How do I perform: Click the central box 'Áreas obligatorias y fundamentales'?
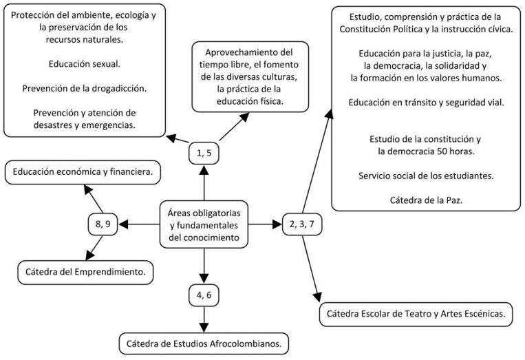[204, 224]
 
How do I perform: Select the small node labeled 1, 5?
[204, 153]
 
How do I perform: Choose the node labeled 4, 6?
[204, 295]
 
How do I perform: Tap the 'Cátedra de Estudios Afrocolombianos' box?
[204, 342]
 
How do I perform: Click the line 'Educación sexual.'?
[85, 64]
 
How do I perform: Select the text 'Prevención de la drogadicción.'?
[85, 89]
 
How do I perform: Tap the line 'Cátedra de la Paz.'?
[426, 200]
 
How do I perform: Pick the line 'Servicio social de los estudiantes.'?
[426, 176]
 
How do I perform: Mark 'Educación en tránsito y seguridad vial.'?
[426, 103]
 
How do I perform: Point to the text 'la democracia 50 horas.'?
[426, 151]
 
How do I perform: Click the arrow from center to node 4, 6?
[204, 264]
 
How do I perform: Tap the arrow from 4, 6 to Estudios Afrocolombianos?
[204, 318]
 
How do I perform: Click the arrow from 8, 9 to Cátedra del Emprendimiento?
[96, 246]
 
